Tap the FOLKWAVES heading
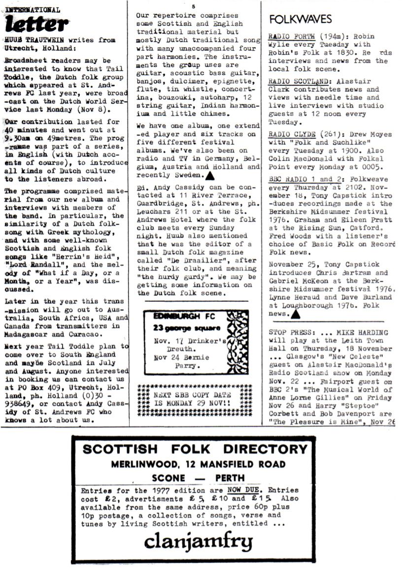301,19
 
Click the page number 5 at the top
194,6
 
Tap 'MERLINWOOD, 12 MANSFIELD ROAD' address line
198,464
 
